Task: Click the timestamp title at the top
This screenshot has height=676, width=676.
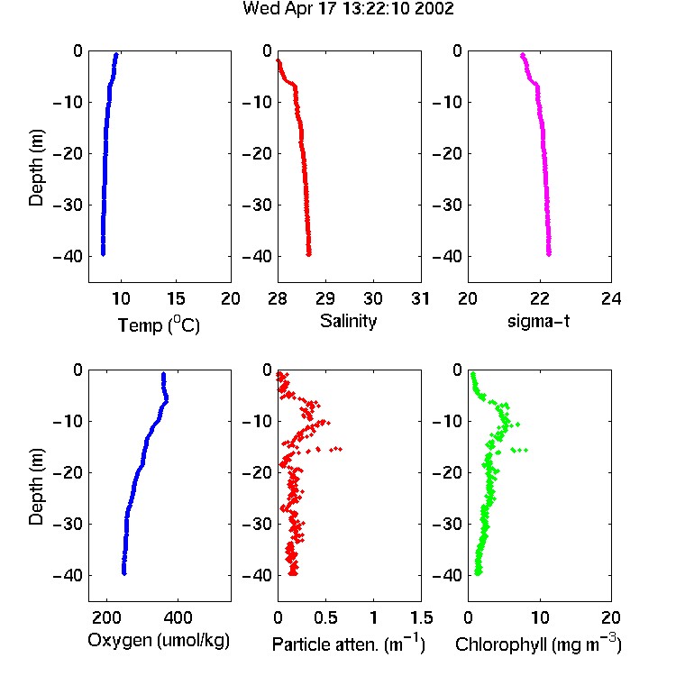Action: tap(348, 8)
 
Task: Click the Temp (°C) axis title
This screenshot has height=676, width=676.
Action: tap(159, 324)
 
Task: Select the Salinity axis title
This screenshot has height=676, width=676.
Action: tap(348, 321)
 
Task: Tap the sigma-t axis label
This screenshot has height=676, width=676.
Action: tap(538, 321)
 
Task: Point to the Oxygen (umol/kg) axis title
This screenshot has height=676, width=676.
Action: tap(159, 640)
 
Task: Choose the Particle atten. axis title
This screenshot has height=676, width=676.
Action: tap(349, 644)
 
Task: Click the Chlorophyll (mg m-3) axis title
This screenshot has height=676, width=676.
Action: tap(538, 644)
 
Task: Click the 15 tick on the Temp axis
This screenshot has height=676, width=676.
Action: tap(176, 298)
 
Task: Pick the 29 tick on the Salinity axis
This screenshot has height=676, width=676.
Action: tap(325, 298)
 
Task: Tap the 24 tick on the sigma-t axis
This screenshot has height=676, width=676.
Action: tap(611, 298)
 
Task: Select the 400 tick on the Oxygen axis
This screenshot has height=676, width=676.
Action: tap(178, 617)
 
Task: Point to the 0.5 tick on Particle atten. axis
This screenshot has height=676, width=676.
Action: tap(325, 617)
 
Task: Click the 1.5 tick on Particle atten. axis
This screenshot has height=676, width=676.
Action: tap(421, 617)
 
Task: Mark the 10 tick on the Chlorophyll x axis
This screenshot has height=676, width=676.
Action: tap(540, 617)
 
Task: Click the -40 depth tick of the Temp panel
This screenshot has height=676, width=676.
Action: tap(67, 256)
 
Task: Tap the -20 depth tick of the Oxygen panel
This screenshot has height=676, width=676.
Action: tap(67, 472)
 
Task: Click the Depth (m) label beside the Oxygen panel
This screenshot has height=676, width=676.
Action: tap(36, 487)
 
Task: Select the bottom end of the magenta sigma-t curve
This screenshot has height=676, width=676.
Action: tap(549, 254)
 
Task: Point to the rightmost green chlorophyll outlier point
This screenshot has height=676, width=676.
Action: tap(526, 450)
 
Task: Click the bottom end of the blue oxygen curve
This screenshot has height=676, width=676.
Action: tap(124, 573)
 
